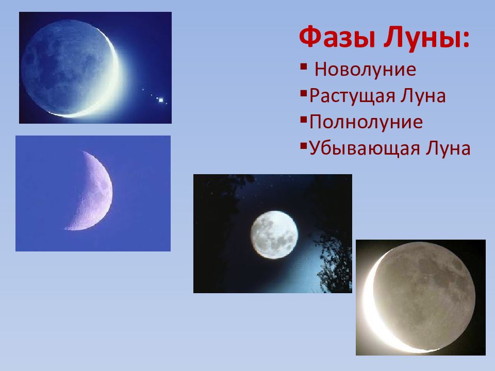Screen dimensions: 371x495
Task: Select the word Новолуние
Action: (365, 70)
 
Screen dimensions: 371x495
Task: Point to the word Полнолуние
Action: (366, 122)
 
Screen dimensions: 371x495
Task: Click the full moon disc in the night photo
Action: (274, 235)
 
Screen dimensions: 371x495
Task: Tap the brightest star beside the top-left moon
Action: (161, 100)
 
